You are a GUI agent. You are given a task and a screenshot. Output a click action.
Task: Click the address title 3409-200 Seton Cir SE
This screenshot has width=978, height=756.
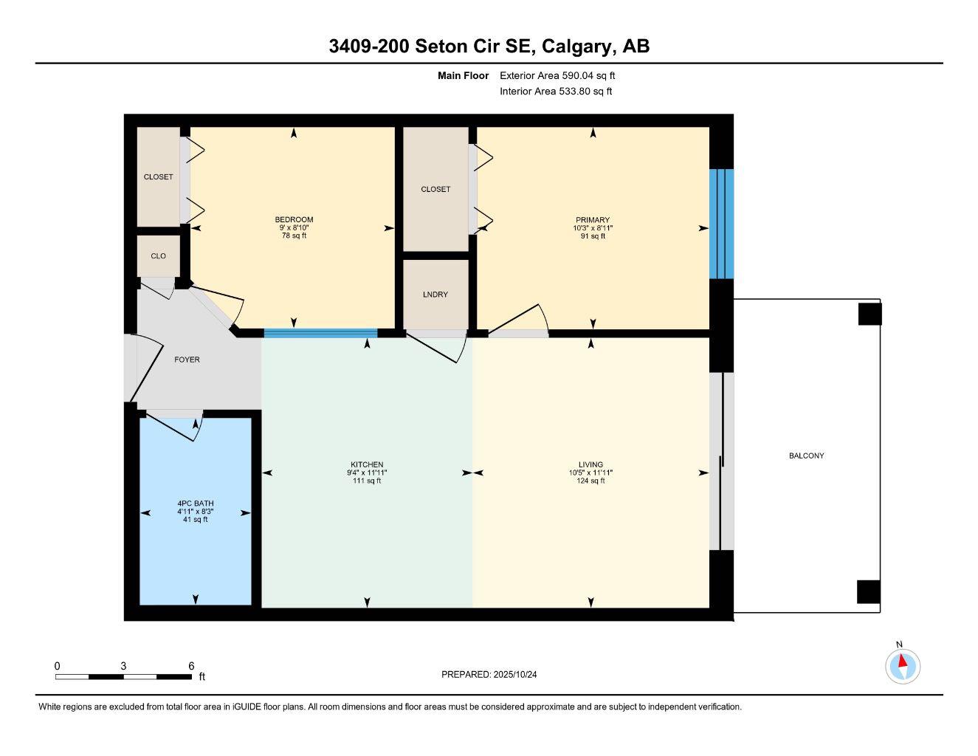[x=489, y=47]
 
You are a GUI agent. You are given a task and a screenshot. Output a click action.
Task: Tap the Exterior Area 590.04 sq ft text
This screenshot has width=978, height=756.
[x=557, y=75]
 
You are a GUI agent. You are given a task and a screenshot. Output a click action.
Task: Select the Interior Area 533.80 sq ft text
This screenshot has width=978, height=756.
[x=556, y=92]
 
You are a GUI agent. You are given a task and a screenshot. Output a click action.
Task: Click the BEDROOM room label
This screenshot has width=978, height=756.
[x=294, y=219]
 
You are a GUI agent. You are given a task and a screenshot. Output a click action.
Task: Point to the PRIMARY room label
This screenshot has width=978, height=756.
[x=593, y=220]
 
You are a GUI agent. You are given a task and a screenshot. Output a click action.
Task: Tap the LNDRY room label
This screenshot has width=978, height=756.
[x=435, y=295]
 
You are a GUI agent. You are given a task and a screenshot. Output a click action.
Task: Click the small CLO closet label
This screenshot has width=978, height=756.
[x=158, y=256]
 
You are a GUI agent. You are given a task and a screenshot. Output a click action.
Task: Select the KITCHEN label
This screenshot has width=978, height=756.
[x=367, y=465]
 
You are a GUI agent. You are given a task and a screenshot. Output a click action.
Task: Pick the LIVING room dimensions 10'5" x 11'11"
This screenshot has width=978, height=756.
[x=590, y=473]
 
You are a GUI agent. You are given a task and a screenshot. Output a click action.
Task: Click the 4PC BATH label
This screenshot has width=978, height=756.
[x=195, y=504]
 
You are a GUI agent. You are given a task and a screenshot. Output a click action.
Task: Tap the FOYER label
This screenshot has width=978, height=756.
[x=187, y=360]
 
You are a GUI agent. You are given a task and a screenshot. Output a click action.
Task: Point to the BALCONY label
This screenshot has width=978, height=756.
[x=806, y=456]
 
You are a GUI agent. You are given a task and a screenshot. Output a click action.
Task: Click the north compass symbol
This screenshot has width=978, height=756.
[x=902, y=666]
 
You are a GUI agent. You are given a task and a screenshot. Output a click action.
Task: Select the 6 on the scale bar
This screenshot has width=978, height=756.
[x=191, y=666]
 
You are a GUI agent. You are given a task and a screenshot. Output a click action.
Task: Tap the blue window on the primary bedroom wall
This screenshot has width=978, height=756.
[x=721, y=224]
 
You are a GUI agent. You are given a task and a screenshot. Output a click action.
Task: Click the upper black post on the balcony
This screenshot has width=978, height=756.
[x=869, y=315]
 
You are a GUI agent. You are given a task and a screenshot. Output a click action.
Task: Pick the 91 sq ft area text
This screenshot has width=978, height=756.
[x=593, y=236]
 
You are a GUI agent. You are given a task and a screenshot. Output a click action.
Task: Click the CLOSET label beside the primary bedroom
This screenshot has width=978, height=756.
[x=435, y=189]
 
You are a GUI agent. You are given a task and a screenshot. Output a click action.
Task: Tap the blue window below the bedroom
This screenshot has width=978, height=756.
[x=320, y=333]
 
